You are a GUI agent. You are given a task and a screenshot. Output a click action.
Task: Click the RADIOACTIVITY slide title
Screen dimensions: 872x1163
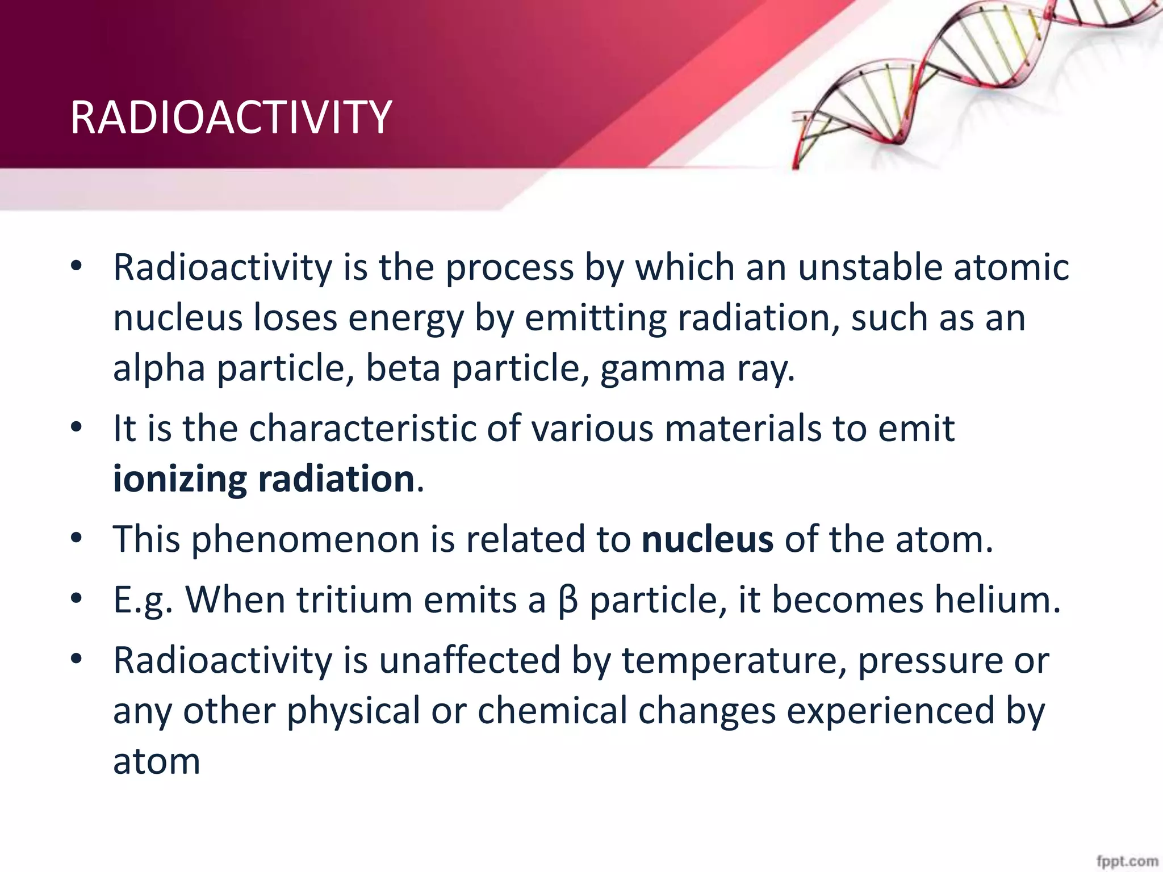(231, 118)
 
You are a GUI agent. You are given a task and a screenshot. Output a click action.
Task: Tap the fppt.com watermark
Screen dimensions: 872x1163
(1127, 861)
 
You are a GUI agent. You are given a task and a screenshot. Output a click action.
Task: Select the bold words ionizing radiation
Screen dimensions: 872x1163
(264, 479)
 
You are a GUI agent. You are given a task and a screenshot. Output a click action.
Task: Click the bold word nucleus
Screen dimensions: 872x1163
(707, 539)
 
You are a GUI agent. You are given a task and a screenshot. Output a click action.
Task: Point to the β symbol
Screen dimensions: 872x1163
(567, 601)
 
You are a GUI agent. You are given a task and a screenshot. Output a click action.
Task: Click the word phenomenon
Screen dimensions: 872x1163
(305, 540)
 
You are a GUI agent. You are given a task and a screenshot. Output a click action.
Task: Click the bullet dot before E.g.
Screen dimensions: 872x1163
(77, 598)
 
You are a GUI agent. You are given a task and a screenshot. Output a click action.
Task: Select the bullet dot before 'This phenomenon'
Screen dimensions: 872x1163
(77, 538)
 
